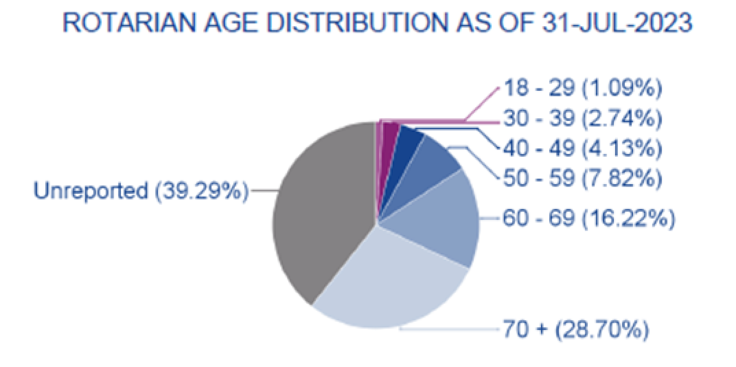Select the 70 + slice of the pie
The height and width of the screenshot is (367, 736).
pos(394,284)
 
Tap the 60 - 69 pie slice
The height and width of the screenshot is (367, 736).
pos(442,217)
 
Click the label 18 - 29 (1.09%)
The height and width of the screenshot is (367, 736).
pos(583,88)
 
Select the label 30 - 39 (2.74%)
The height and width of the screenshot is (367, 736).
pos(583,119)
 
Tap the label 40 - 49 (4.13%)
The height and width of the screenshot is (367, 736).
pos(583,148)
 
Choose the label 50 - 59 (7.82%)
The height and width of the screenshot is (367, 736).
pos(583,178)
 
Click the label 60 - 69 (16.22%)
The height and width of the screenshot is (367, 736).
pos(589,218)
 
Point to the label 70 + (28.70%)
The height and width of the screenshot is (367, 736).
pos(576,329)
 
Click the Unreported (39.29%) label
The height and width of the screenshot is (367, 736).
pos(141,191)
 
